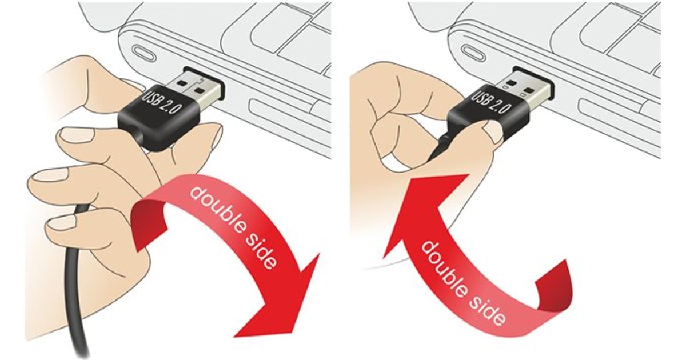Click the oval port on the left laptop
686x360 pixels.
click(145, 54)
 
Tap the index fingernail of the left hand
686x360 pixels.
click(77, 135)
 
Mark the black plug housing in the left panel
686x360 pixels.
click(159, 118)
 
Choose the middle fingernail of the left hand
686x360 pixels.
click(50, 177)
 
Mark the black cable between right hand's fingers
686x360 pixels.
click(441, 146)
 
